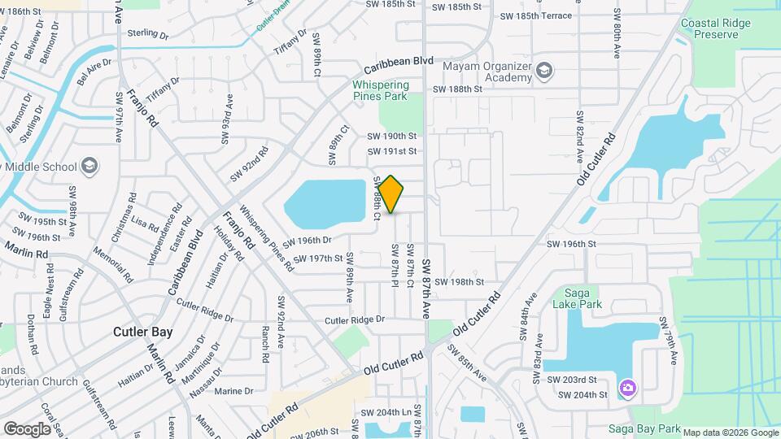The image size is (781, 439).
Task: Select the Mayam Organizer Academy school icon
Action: pos(544,72)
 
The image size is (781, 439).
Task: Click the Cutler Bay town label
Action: pos(142,332)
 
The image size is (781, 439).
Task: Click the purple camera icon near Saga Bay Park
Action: pos(627,386)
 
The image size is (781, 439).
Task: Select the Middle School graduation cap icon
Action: pos(89,167)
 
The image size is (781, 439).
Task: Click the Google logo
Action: pos(27,428)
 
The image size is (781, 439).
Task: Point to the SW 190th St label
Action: pos(392,137)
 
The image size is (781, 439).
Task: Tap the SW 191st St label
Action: pos(392,151)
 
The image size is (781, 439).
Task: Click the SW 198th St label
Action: pos(459,282)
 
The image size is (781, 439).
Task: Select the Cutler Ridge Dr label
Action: pos(354,320)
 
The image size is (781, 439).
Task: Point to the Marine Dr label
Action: pos(234,391)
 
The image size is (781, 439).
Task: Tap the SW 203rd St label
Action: pos(571,380)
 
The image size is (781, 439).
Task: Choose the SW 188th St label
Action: pos(458,89)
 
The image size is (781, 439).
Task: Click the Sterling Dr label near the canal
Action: pos(147,36)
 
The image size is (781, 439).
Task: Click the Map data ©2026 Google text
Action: pos(730,432)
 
